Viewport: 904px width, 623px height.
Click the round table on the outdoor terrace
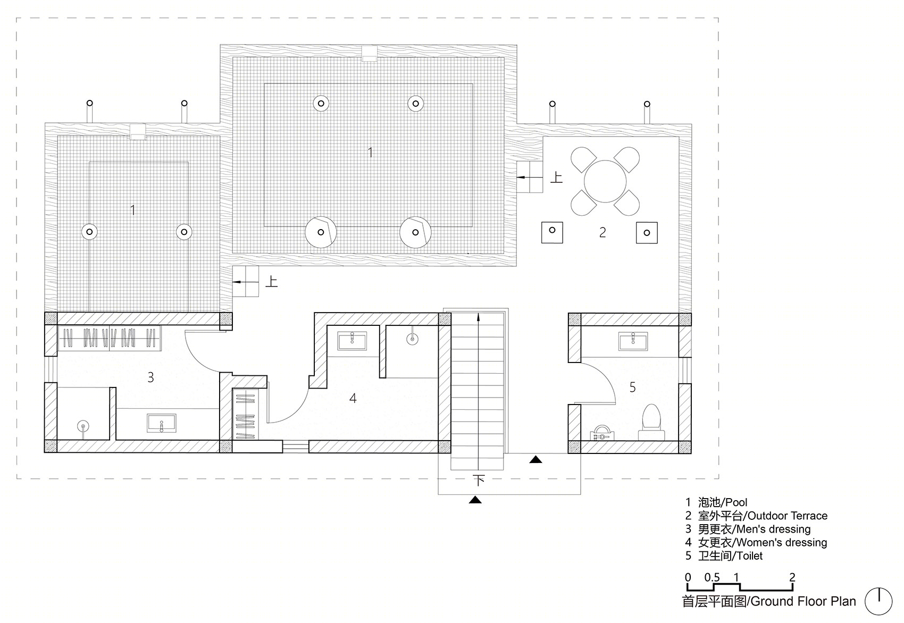pos(605,181)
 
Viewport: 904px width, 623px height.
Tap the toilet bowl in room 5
pos(651,422)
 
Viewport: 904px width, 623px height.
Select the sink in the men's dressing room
pos(162,423)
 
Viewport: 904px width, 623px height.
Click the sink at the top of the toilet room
pos(633,341)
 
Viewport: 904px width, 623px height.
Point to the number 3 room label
pos(150,377)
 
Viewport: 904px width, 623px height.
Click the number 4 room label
pos(353,398)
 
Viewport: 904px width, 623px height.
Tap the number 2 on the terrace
pos(602,232)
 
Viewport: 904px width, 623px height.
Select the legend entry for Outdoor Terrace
pos(756,516)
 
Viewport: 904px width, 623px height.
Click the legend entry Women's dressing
pos(756,542)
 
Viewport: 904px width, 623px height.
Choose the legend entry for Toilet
pos(724,555)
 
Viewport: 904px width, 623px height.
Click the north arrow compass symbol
pos(878,602)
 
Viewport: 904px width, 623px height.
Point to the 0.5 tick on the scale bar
pos(713,577)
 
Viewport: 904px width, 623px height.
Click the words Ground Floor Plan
pos(803,601)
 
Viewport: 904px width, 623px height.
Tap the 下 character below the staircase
pos(479,481)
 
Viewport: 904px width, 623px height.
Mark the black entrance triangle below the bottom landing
pos(475,500)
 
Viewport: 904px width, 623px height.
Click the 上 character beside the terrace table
pos(556,178)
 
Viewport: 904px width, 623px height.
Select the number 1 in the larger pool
pos(370,152)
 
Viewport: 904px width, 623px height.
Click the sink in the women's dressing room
pos(353,341)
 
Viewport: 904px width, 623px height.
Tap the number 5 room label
pos(632,388)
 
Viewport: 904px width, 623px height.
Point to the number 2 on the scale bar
pos(792,577)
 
